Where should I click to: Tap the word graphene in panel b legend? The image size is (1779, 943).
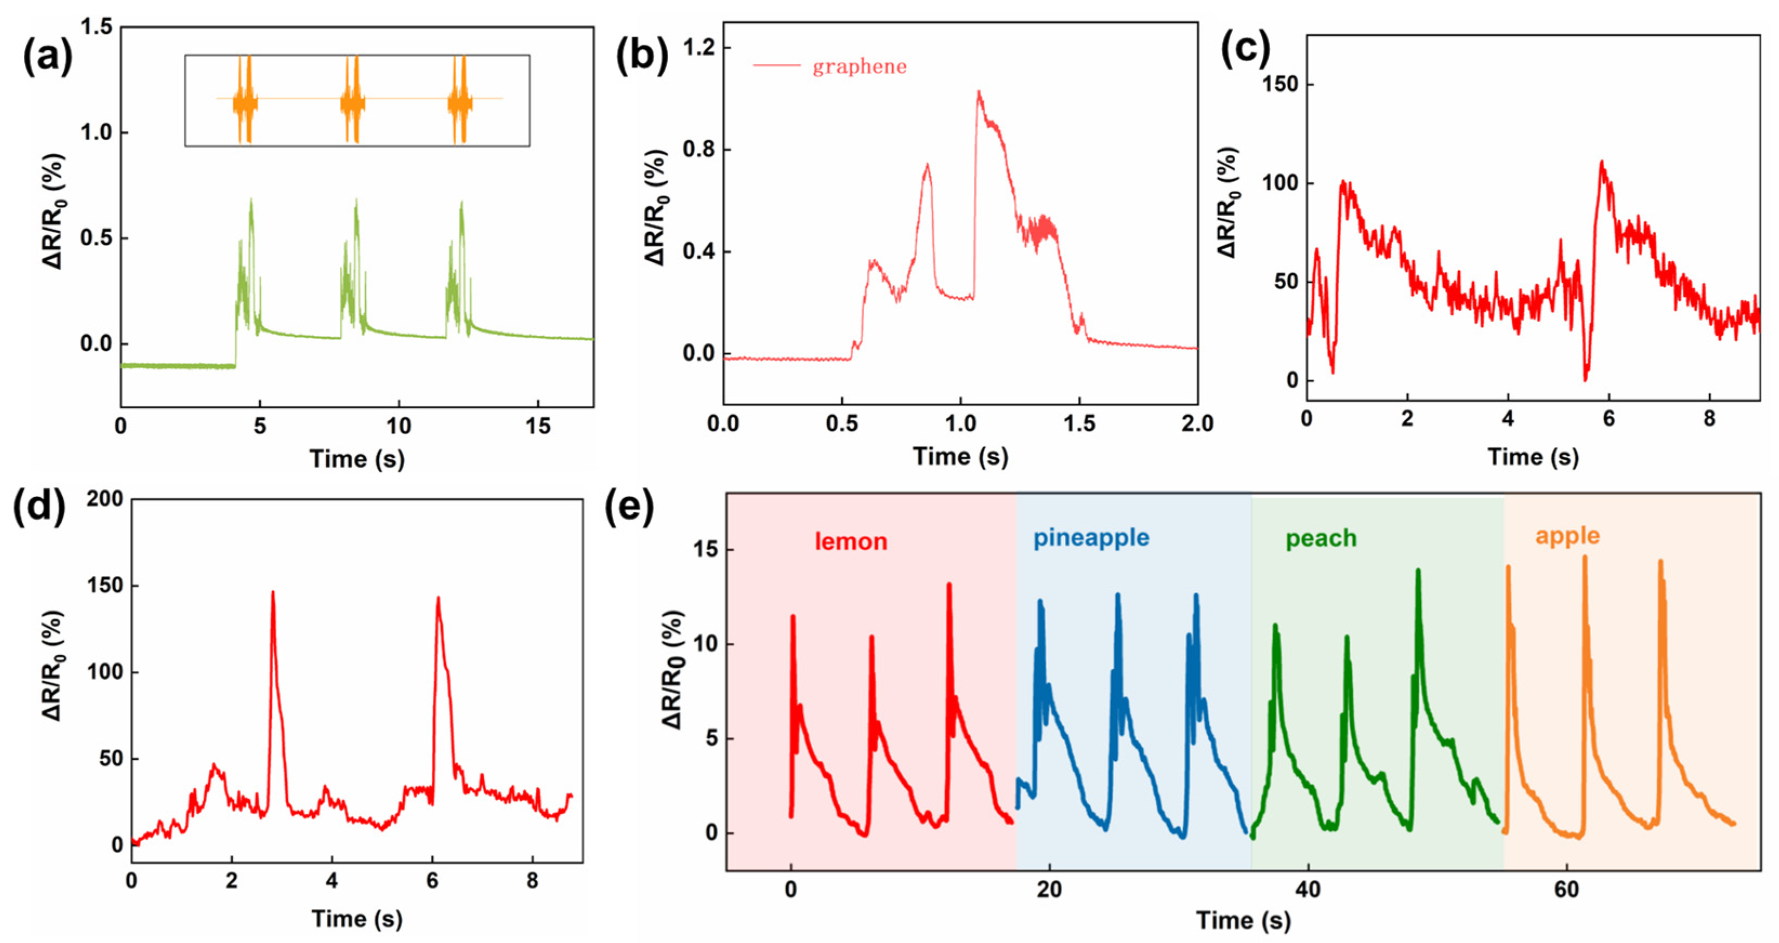(859, 67)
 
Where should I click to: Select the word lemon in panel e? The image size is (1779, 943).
(851, 541)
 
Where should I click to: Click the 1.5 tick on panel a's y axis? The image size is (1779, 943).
(97, 28)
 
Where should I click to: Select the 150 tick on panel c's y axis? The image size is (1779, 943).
(1279, 84)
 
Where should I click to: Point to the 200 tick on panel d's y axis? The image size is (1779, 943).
(104, 499)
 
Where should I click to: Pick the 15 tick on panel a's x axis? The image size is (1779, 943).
(538, 427)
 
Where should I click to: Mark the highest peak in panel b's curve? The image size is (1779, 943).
(978, 92)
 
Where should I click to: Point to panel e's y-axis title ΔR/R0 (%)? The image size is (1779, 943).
(673, 669)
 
